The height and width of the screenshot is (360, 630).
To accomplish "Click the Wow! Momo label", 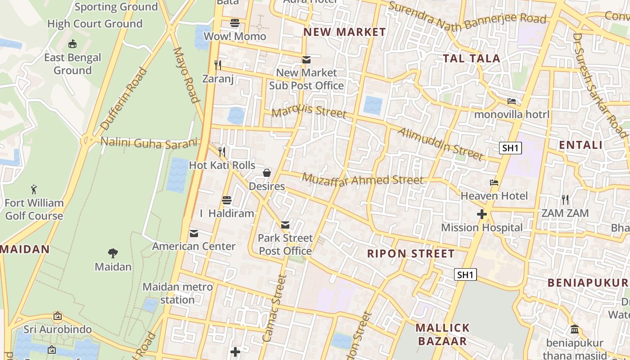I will [235, 36].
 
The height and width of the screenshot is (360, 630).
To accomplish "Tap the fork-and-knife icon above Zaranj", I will [218, 65].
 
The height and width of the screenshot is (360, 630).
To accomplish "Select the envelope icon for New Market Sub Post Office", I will [306, 59].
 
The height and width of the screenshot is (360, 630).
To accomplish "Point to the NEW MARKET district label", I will [345, 32].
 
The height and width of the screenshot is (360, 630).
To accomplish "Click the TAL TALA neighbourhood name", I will [472, 58].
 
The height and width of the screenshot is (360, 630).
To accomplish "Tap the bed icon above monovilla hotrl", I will [512, 101].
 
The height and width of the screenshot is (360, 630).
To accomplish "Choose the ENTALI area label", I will [580, 145].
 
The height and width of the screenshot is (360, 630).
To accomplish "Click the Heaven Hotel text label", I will [494, 196].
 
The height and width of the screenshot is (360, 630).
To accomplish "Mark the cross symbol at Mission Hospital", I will [482, 214].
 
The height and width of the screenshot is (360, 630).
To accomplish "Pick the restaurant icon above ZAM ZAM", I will [565, 199].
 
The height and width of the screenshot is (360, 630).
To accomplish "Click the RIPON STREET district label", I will [411, 253].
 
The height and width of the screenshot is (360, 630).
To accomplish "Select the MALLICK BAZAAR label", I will [443, 334].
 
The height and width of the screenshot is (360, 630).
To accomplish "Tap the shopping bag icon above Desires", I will [267, 172].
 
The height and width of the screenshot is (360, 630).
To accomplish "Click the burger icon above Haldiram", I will [227, 200].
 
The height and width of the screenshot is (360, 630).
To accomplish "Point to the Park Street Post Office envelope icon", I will [285, 225].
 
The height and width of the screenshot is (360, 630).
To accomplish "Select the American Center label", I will [193, 246].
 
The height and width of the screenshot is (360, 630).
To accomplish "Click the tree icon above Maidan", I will [113, 253].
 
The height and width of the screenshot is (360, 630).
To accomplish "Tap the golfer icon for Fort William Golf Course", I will [34, 189].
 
